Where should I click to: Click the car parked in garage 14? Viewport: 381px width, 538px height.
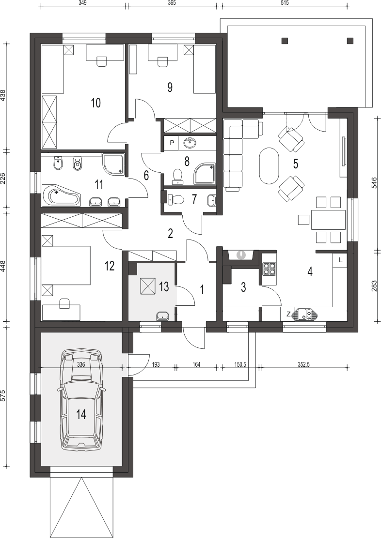pos(81,400)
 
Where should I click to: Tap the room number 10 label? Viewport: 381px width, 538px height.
pos(96,103)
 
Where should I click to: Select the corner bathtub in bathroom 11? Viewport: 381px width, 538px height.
pos(61,195)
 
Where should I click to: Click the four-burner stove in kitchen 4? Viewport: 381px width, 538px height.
pos(269,269)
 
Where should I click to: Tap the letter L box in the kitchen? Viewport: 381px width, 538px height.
pos(340,260)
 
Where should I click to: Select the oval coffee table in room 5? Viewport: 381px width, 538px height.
pos(269,166)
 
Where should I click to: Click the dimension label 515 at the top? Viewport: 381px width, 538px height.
pos(285,3)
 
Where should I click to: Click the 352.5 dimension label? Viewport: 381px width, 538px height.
pos(303,364)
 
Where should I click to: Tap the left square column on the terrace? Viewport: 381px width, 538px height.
pos(285,41)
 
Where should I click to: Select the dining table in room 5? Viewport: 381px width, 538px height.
pos(328,220)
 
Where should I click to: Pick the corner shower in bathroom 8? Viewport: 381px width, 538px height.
pos(205,174)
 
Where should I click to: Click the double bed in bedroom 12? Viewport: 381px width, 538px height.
pos(65,265)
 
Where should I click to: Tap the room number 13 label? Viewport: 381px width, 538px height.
pos(164,286)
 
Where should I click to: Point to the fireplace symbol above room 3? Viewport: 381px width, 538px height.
pos(241,254)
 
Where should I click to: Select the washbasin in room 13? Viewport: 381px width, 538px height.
pos(163,315)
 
